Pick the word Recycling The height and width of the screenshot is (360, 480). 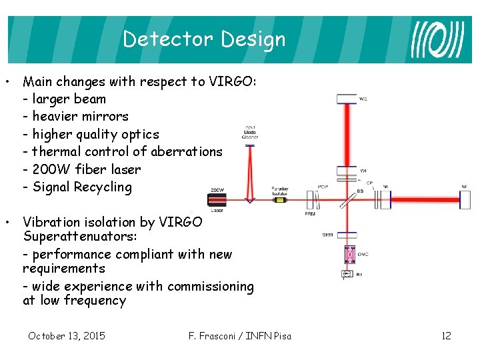[102, 187]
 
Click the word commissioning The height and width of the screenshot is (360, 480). [211, 287]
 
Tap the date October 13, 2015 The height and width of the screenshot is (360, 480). [66, 335]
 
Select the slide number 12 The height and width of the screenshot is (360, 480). [446, 335]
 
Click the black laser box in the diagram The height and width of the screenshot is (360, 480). [218, 198]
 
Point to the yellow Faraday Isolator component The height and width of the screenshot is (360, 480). [279, 198]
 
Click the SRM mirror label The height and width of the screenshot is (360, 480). [328, 235]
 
